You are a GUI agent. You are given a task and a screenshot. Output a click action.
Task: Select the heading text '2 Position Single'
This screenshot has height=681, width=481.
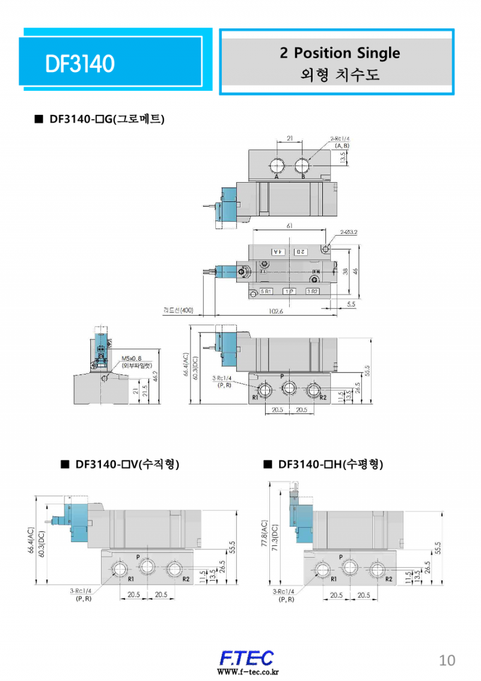340,53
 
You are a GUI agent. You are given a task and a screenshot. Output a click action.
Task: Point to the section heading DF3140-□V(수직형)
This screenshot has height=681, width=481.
127,465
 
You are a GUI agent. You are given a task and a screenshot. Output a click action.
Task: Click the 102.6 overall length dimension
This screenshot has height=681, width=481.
277,311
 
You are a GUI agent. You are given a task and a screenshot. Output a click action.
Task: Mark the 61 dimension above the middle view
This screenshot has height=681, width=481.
290,226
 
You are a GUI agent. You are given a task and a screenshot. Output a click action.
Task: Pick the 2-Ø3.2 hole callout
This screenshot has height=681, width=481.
349,231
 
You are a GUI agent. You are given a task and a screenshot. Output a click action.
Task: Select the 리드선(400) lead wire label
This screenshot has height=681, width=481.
178,310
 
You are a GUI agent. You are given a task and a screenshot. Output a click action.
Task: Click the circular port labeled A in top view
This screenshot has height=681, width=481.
277,166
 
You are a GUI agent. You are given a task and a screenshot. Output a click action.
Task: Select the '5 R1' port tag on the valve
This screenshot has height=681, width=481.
266,292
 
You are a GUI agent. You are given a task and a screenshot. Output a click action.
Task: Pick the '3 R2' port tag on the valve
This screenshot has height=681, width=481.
312,292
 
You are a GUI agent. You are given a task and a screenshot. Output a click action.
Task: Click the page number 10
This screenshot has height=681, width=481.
447,660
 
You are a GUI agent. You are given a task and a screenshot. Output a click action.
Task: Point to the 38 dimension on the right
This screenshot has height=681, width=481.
346,271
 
